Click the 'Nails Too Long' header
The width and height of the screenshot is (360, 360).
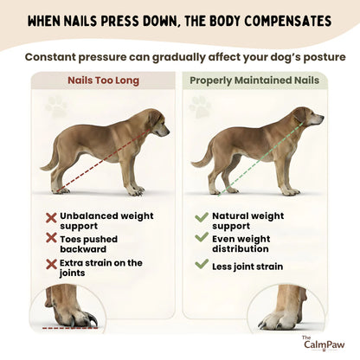pos(103,80)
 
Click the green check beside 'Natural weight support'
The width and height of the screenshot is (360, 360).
pos(201,217)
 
